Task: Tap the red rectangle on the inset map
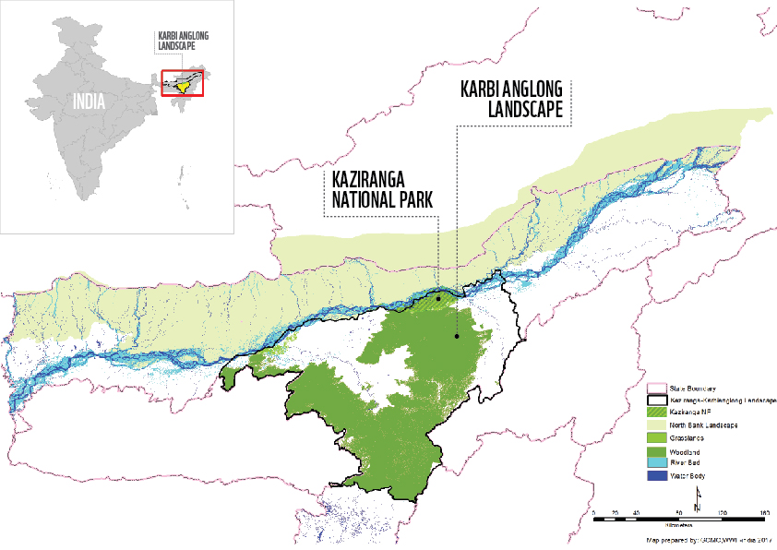click(182, 83)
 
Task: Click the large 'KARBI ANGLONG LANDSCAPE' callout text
click(515, 99)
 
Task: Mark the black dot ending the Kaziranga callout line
click(438, 298)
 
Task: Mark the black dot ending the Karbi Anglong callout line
click(456, 336)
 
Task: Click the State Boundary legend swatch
click(654, 389)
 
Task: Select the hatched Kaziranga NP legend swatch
click(654, 412)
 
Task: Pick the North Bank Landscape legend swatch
click(654, 423)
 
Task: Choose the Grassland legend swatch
click(654, 434)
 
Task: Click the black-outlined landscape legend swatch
click(654, 401)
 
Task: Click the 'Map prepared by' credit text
click(701, 536)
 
